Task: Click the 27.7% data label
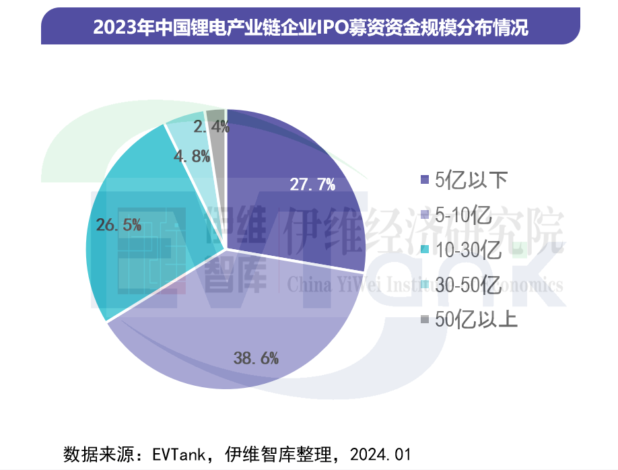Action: pos(312,184)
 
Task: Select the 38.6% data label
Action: pos(256,358)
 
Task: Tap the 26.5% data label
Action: pos(118,225)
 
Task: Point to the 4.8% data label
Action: pos(193,156)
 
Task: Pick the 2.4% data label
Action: pos(211,125)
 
